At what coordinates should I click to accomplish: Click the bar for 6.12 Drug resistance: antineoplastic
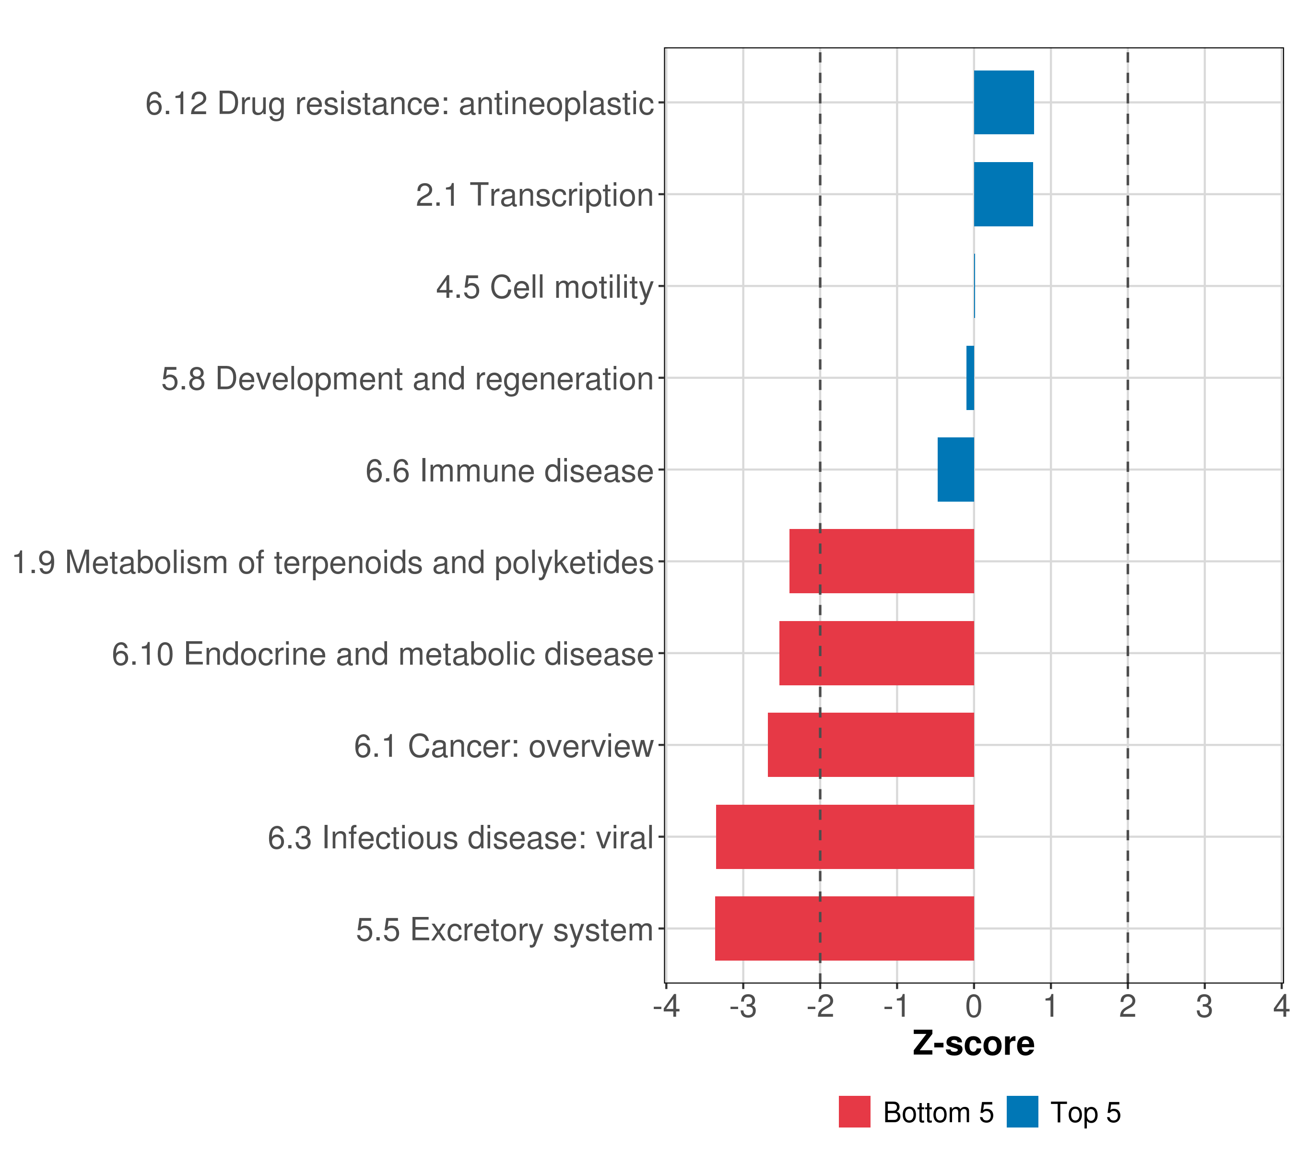(x=1003, y=102)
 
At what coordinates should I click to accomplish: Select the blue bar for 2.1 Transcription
(x=1003, y=194)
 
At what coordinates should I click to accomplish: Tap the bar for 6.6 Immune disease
(x=955, y=470)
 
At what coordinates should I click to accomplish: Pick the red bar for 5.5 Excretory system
(x=845, y=928)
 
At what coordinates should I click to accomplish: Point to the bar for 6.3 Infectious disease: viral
(x=845, y=836)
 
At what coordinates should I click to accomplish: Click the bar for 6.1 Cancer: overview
(x=871, y=744)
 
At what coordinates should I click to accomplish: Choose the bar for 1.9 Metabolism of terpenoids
(x=881, y=561)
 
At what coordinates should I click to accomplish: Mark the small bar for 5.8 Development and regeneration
(x=970, y=377)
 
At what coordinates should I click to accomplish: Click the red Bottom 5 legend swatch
(x=855, y=1112)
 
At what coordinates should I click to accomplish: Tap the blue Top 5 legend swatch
(x=1023, y=1112)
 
